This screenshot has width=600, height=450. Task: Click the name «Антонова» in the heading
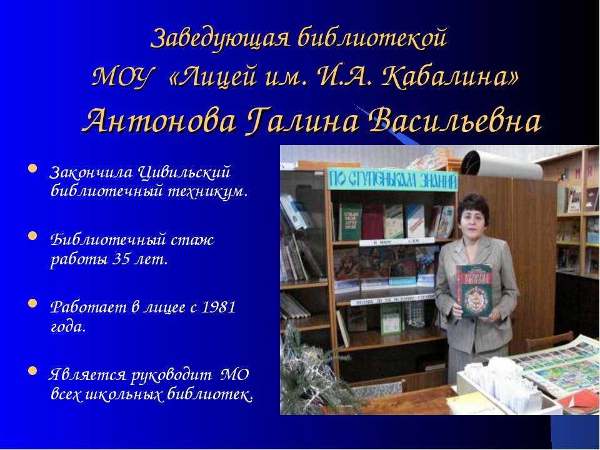pos(158,121)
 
